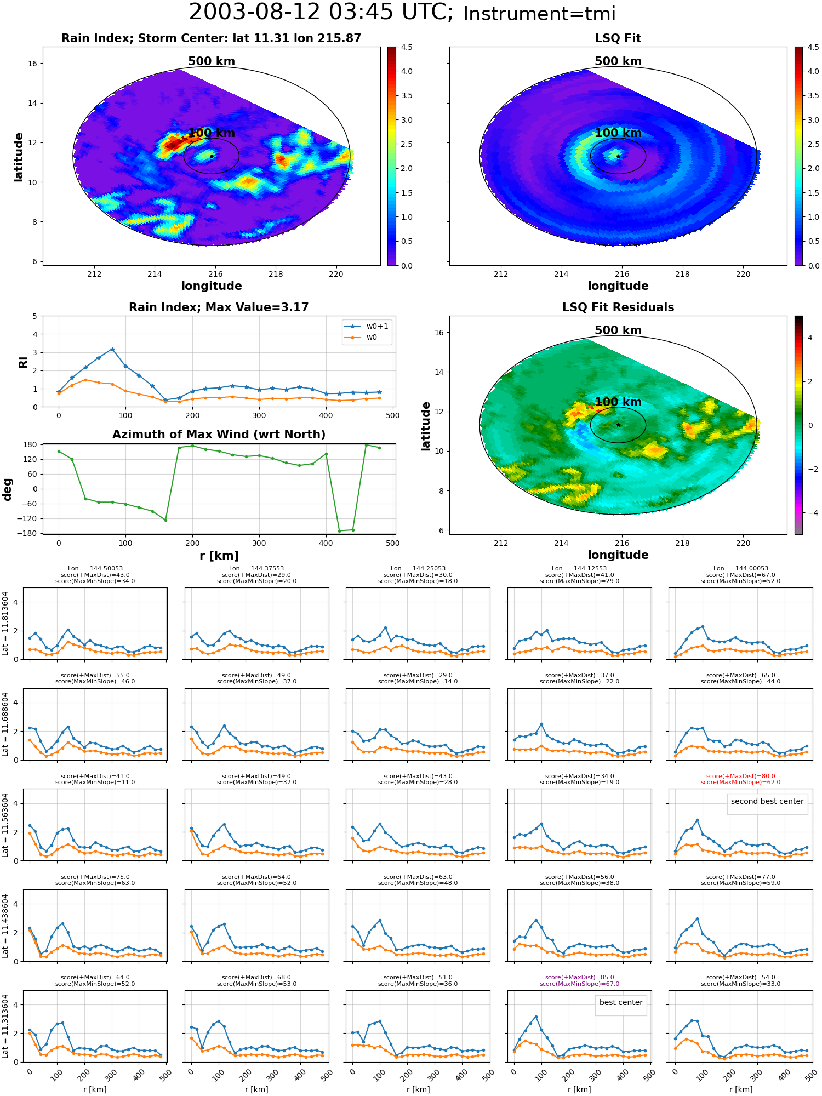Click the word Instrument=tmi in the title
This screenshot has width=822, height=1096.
tap(539, 14)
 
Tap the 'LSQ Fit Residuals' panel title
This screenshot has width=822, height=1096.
tap(618, 307)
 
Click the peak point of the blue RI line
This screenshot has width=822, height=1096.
tap(112, 349)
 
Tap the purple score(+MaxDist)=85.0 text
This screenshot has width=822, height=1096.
tap(579, 977)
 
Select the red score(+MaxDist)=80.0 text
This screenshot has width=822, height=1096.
tap(740, 776)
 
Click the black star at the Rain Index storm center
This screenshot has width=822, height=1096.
tap(212, 156)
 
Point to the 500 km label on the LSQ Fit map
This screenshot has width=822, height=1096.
tap(618, 61)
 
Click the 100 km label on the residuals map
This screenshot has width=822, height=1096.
tap(618, 402)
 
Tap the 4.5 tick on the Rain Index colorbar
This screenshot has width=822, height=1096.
tap(407, 47)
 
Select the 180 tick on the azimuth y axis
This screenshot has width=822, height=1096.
tap(31, 444)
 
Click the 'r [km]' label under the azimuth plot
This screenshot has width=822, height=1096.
tap(219, 556)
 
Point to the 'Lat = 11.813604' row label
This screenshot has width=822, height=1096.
tap(5, 624)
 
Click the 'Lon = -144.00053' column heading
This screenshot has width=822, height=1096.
tap(740, 568)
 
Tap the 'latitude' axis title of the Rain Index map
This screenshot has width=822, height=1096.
tap(19, 157)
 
